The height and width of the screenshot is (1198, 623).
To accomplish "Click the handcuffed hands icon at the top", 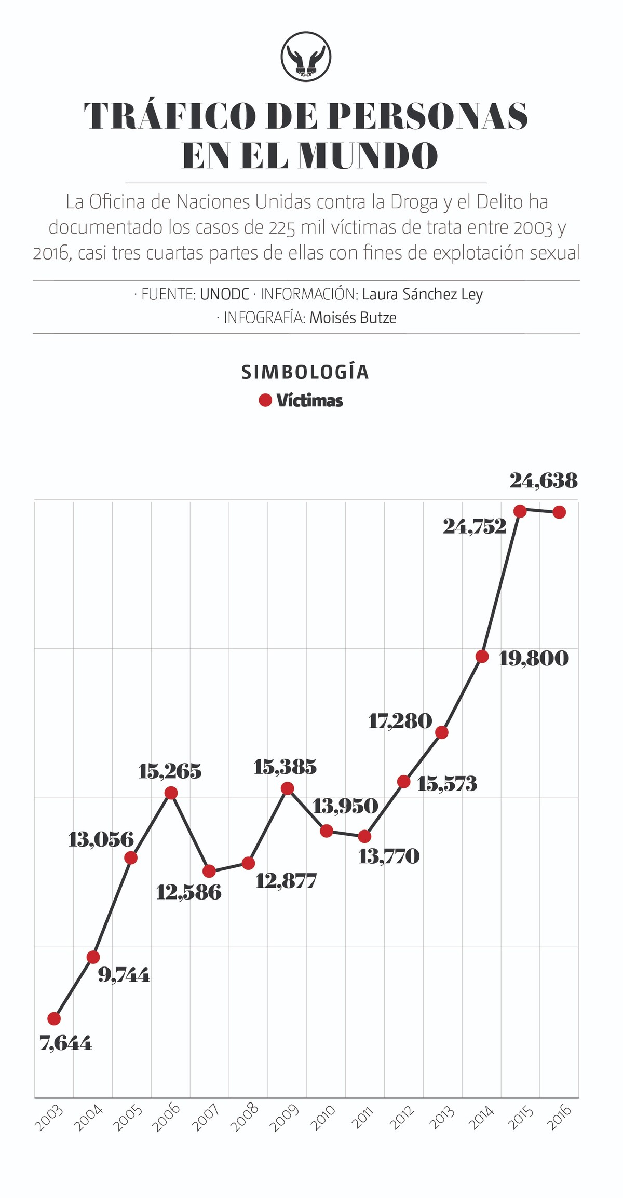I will click(306, 57).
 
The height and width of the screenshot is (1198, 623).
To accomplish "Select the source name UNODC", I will click(224, 294).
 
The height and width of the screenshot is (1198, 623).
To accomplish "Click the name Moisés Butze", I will click(353, 318).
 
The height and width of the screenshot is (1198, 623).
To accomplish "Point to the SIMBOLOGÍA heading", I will click(305, 372).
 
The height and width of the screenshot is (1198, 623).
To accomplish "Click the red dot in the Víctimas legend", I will click(265, 400).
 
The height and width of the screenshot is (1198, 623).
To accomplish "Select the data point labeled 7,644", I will click(54, 1018).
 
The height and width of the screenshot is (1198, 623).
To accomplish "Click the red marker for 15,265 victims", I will click(171, 793).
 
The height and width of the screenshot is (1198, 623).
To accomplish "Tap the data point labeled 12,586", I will click(209, 870).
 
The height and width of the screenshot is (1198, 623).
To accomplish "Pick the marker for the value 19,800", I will click(482, 656).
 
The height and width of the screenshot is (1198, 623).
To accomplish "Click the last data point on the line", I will click(559, 512).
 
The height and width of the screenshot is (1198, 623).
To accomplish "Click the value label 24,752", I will click(474, 527).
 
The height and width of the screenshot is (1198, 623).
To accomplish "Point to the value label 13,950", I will click(345, 806).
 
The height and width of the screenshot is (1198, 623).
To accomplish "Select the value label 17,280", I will click(400, 720).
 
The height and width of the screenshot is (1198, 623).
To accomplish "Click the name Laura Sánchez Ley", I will click(422, 294).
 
